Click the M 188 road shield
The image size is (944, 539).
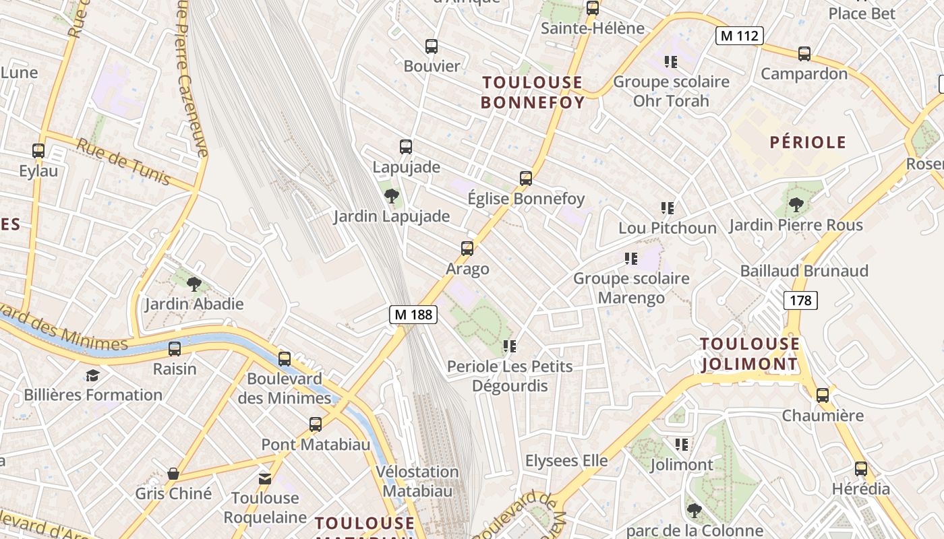click(x=413, y=314)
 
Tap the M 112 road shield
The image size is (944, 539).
click(x=739, y=36)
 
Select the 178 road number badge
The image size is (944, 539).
click(x=800, y=300)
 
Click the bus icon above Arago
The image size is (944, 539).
click(x=467, y=249)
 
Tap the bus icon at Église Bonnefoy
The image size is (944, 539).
click(x=526, y=179)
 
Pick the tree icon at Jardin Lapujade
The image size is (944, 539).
click(x=391, y=196)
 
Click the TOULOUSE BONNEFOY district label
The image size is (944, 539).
click(x=532, y=92)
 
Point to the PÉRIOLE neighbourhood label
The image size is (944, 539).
click(x=808, y=142)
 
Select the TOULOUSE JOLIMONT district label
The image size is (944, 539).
click(x=750, y=354)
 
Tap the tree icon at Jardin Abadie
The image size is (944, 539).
click(x=194, y=284)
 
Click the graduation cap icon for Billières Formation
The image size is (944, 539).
click(x=92, y=375)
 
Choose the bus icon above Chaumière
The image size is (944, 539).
click(x=823, y=395)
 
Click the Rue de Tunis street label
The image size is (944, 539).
click(x=122, y=161)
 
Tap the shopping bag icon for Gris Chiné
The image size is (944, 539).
click(x=173, y=474)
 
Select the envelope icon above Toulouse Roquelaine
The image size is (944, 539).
click(x=265, y=478)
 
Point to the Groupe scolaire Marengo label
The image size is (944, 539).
click(x=631, y=288)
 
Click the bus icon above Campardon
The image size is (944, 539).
click(x=804, y=54)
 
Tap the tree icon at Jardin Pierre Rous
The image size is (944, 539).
click(x=796, y=204)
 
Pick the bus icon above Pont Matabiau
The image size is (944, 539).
click(x=316, y=424)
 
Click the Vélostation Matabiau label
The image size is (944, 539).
click(x=417, y=481)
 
